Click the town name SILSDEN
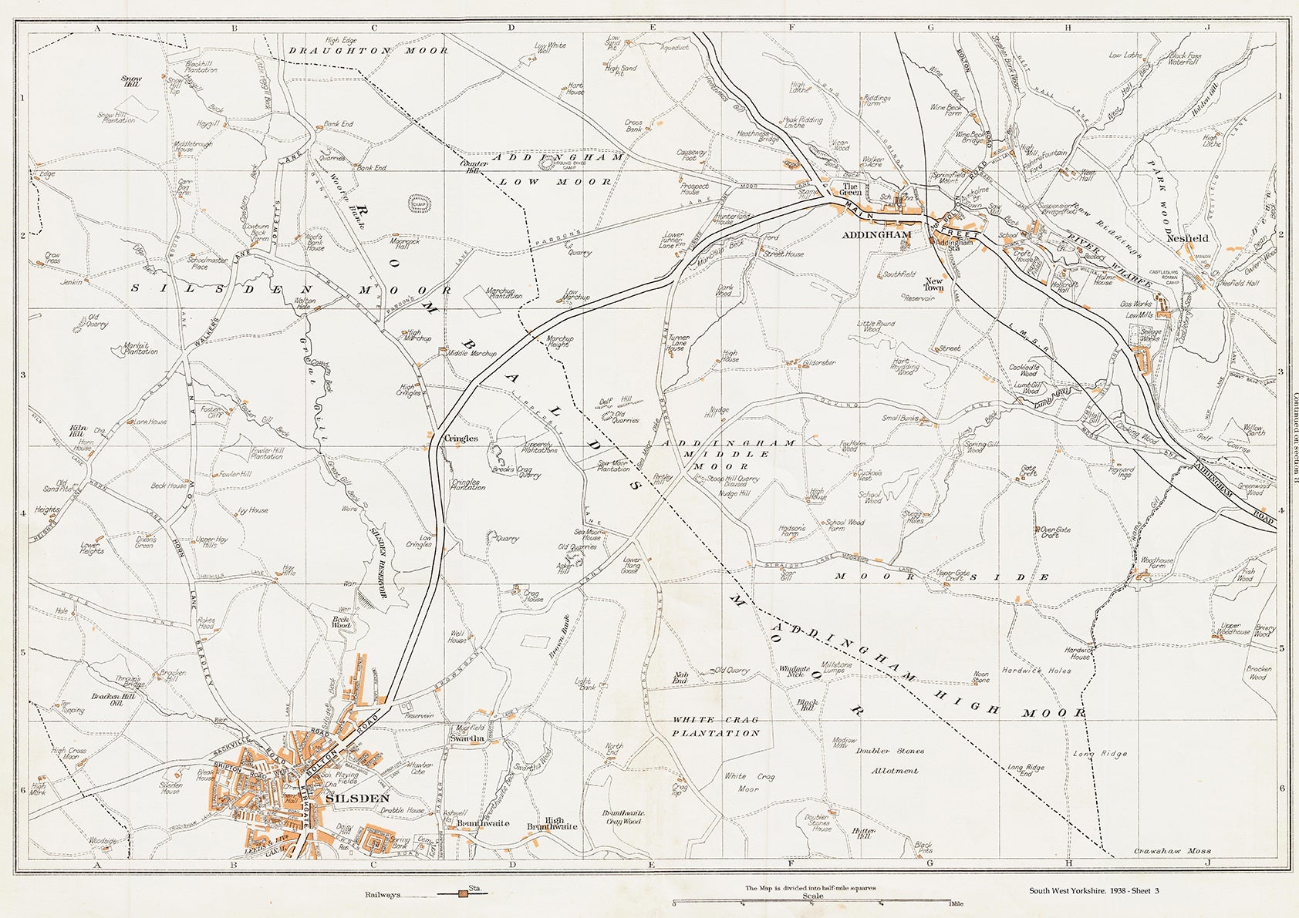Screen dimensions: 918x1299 click(358, 799)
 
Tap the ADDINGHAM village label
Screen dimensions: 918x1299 click(878, 234)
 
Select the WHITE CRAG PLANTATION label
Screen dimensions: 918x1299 click(715, 726)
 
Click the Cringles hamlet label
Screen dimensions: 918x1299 click(461, 438)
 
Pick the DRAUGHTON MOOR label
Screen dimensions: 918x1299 click(368, 50)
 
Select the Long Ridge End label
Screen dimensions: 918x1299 click(1025, 771)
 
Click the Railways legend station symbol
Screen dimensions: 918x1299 click(464, 893)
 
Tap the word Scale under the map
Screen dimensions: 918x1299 click(812, 896)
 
